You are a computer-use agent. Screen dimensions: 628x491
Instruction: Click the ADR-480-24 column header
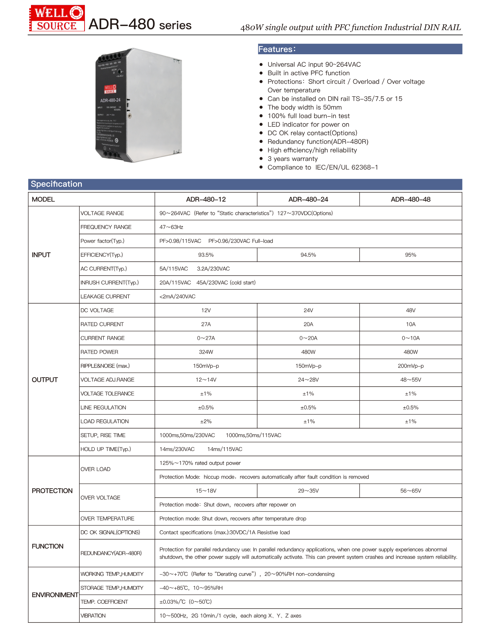(x=308, y=199)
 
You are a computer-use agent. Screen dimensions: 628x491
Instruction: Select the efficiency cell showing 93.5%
(x=206, y=255)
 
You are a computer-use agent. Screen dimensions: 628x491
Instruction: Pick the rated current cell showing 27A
(x=206, y=324)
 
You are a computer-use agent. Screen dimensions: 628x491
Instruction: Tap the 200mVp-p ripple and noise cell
(x=410, y=366)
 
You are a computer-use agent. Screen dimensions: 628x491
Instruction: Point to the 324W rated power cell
(x=206, y=352)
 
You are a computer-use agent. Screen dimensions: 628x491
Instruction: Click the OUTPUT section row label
(x=45, y=380)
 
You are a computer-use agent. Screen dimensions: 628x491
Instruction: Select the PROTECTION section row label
(x=52, y=491)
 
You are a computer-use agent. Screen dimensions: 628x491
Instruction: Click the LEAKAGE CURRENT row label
(x=105, y=296)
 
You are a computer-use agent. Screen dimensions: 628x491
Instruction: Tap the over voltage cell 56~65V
(x=410, y=491)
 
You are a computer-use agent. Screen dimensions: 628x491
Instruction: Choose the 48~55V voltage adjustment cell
(x=410, y=380)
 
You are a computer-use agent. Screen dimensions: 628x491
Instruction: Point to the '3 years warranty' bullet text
(x=292, y=159)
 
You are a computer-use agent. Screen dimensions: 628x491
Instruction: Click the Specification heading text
(x=56, y=184)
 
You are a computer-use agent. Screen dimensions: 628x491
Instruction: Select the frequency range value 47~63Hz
(x=171, y=227)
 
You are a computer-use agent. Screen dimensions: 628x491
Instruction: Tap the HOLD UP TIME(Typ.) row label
(x=105, y=449)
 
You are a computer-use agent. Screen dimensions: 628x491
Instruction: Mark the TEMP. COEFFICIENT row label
(x=104, y=602)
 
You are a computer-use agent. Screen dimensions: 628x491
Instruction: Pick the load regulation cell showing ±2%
(x=206, y=421)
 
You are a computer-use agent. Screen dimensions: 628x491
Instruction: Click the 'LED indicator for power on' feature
(x=308, y=124)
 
